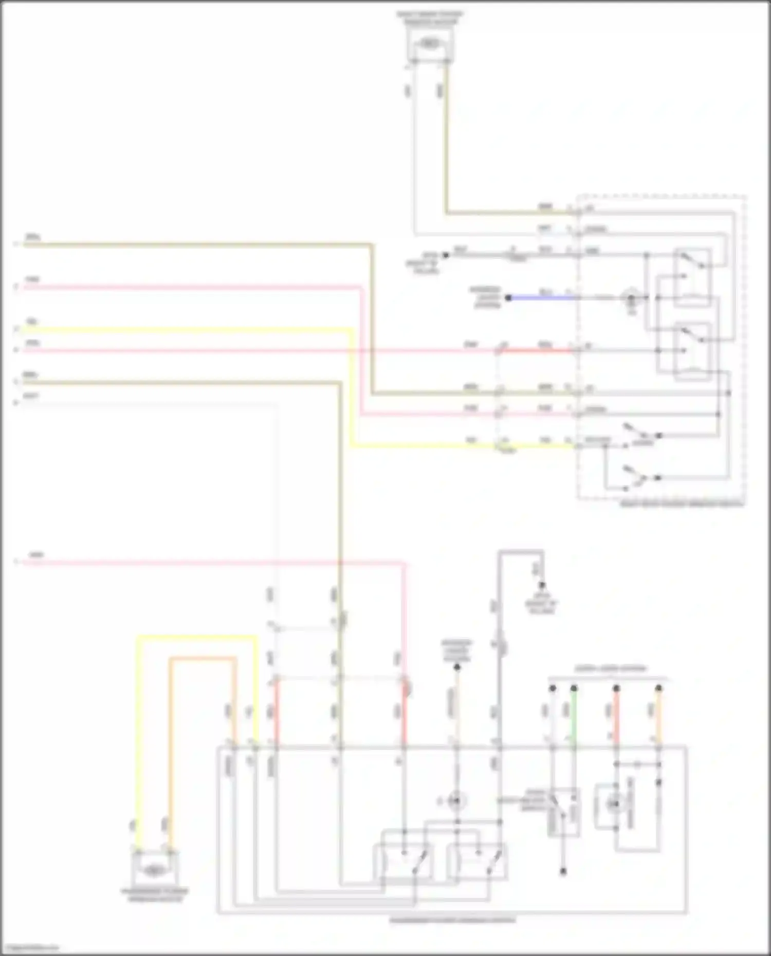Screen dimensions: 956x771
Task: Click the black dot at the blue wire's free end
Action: tap(508, 298)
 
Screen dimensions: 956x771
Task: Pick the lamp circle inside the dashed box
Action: tap(631, 298)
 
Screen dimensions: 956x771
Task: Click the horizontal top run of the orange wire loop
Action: tap(203, 659)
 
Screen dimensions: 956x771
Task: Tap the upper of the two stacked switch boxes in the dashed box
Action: tap(692, 277)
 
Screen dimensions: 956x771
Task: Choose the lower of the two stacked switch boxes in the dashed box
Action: tap(692, 351)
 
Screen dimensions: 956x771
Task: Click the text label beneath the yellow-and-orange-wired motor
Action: tap(155, 895)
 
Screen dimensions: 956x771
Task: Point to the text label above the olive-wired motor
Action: tap(430, 18)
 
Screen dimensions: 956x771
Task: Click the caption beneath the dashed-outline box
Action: tap(682, 504)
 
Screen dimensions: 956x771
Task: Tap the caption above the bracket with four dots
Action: tap(610, 669)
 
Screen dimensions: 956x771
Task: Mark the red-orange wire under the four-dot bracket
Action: tap(617, 717)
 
